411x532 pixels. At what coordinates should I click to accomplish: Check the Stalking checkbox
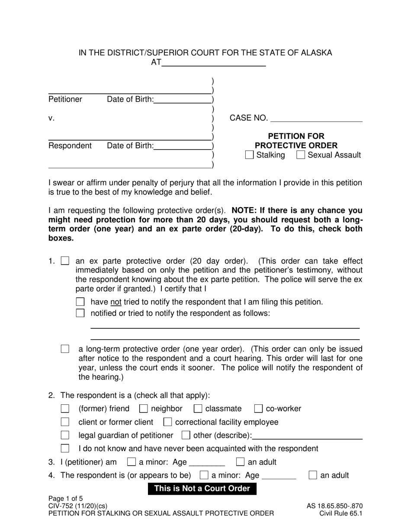point(249,155)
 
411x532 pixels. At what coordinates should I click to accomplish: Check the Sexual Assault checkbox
point(301,155)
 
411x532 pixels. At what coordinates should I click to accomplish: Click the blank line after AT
point(214,63)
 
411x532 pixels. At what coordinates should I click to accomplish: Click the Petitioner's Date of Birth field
point(183,100)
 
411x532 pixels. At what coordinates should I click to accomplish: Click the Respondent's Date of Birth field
point(183,146)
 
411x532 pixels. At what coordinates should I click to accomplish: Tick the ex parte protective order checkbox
point(65,261)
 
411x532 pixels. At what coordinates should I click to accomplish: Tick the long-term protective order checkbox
point(65,349)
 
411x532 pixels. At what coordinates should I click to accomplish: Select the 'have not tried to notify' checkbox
point(80,302)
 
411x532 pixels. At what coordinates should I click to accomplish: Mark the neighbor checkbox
point(144,409)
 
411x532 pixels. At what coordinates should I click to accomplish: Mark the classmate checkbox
point(198,409)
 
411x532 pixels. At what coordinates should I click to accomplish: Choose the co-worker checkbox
point(258,409)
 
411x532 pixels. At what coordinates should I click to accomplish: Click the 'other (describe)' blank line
point(307,436)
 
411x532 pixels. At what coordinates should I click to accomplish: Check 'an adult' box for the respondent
point(313,476)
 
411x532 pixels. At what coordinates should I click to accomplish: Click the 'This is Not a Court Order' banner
point(202,489)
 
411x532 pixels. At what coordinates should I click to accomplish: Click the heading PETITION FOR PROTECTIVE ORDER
point(296,141)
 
